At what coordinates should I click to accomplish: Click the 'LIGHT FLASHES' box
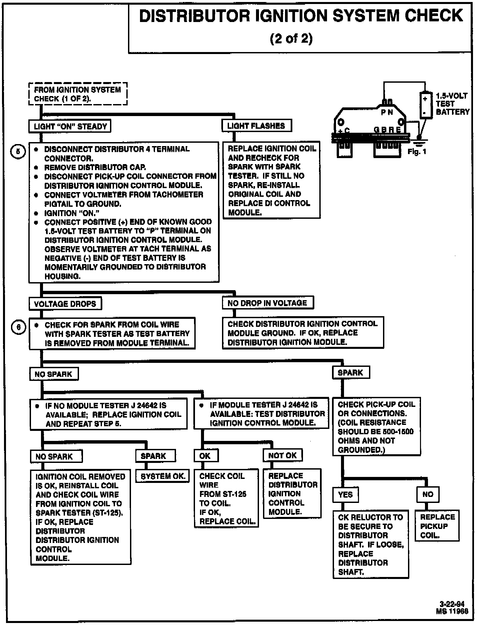coord(256,126)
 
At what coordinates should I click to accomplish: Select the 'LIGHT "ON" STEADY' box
coord(70,126)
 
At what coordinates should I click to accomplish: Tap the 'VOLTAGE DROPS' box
coord(65,304)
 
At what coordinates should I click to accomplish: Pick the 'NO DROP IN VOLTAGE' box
coord(268,303)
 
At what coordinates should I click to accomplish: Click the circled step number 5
coord(18,152)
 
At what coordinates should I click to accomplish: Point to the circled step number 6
coord(18,327)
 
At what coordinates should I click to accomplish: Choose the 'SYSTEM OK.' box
coord(163,476)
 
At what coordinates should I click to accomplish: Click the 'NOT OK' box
coord(283,456)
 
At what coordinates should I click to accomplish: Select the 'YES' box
coord(345,495)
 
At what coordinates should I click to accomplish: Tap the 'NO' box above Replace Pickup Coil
coord(428,494)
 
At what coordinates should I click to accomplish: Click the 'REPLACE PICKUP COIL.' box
coord(437,526)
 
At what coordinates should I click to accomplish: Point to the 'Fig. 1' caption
coord(417,152)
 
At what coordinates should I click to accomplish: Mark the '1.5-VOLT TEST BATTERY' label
coord(452,104)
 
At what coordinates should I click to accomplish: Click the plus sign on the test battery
coord(425,99)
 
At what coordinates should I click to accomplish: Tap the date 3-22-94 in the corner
coord(452,604)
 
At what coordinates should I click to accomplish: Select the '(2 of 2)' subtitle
coord(291,38)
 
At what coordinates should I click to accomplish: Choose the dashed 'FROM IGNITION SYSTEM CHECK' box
coord(78,94)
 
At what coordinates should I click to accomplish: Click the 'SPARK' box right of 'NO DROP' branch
coord(351,373)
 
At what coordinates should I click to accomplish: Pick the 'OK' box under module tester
coord(205,456)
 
